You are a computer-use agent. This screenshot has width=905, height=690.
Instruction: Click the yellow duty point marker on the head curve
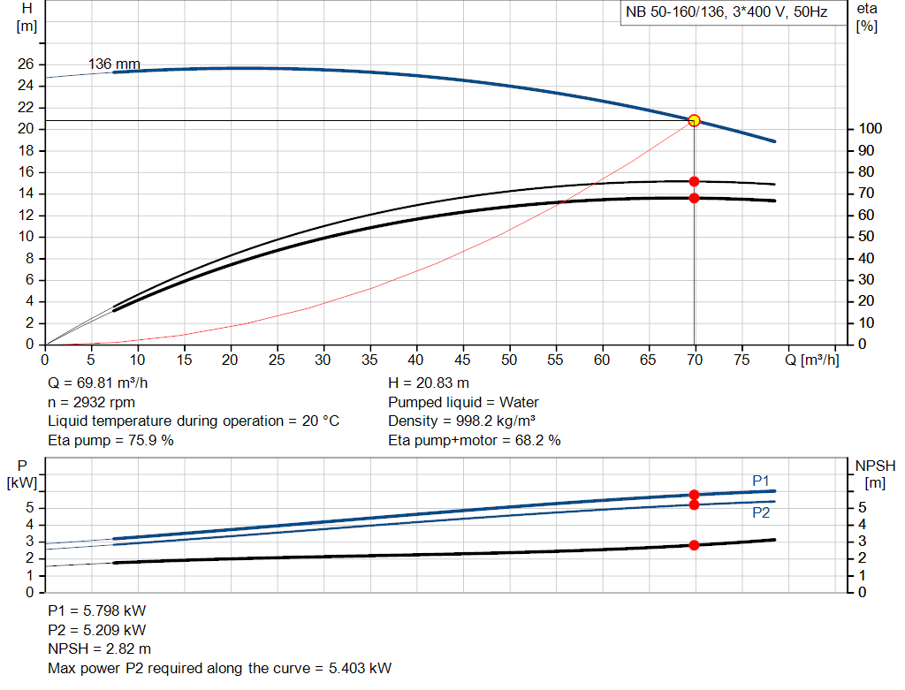click(x=694, y=120)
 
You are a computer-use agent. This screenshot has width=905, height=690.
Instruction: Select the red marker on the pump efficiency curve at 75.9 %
click(x=694, y=181)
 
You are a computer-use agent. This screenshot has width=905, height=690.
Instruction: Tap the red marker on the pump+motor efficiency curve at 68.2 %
click(x=694, y=198)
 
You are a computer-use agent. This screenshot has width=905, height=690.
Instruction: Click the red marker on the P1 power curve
click(x=694, y=495)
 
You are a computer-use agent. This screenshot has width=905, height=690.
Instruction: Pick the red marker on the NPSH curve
click(x=694, y=545)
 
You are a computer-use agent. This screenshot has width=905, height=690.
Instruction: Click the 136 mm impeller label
click(x=114, y=64)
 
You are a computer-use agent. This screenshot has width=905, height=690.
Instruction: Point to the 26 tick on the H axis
click(x=26, y=64)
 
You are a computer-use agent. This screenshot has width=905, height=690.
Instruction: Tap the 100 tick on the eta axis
click(x=868, y=129)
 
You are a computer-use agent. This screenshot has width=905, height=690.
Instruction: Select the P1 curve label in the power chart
click(x=761, y=480)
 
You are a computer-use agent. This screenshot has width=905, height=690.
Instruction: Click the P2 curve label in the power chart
click(x=761, y=512)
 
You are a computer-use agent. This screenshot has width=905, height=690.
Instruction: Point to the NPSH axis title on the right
click(x=875, y=466)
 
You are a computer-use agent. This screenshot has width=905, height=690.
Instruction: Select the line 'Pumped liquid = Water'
click(x=463, y=402)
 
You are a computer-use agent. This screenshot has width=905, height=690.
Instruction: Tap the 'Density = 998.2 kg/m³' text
click(x=462, y=421)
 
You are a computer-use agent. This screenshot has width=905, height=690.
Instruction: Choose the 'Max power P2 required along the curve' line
click(x=219, y=667)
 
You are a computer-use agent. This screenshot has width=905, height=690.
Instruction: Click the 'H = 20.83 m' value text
click(x=429, y=383)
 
